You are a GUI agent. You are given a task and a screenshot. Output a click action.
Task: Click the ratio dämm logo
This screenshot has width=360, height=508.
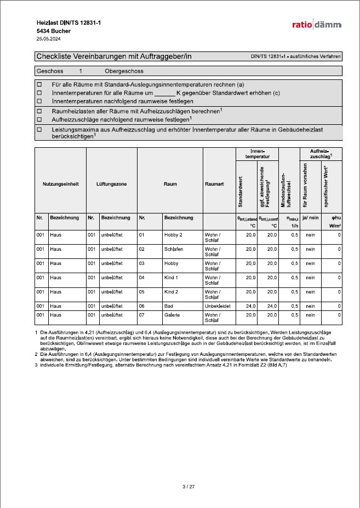316,25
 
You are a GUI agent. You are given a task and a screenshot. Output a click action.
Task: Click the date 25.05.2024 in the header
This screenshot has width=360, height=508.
48,39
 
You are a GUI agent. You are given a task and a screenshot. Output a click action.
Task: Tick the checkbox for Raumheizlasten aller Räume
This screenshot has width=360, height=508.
39,111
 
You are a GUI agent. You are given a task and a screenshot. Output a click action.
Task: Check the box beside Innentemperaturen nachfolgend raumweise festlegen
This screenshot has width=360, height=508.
39,101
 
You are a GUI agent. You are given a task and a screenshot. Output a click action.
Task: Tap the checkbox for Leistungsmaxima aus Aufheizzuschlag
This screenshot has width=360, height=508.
39,130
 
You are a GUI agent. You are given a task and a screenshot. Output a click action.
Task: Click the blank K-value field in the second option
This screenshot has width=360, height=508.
164,93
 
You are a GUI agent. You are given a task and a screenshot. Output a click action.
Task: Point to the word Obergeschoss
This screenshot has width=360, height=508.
124,71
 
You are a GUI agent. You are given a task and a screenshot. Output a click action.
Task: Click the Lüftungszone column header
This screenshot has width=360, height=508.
111,184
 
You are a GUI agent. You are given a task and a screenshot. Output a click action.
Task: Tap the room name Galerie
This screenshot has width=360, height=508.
172,315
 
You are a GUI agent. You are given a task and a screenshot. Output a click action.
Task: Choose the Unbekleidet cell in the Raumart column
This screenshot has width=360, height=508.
218,305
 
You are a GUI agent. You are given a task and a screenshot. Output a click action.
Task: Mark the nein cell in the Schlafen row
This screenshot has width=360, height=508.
311,249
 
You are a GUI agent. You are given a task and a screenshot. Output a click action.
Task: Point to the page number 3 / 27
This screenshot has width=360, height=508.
188,486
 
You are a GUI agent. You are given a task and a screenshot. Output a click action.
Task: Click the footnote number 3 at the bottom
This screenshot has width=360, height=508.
36,365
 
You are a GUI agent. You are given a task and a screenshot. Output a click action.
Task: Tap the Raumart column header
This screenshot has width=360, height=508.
214,184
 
